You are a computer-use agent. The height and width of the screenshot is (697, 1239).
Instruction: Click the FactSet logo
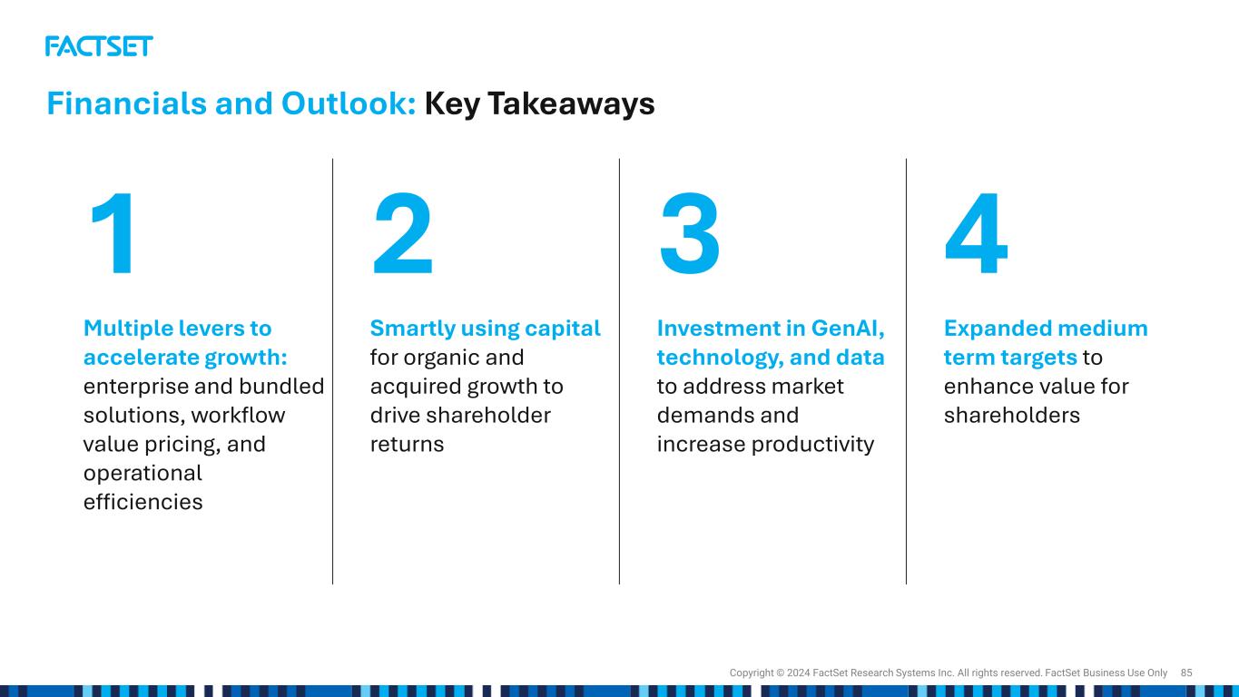[x=99, y=46]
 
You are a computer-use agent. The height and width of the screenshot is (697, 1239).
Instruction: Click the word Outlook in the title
[x=349, y=103]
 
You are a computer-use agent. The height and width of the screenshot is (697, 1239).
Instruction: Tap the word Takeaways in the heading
[x=571, y=104]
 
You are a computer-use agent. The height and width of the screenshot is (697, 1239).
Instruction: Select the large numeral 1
[x=113, y=233]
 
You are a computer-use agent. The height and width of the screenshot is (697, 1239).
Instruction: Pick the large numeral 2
[x=402, y=233]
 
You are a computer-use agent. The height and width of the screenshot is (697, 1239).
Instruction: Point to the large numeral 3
[x=690, y=233]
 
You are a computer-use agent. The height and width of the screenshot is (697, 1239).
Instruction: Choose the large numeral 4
[x=977, y=233]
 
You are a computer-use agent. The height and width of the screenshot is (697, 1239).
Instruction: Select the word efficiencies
[x=143, y=502]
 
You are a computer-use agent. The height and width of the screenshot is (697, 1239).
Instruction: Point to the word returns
[x=407, y=444]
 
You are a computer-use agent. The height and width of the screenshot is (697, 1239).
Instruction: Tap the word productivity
[x=812, y=445]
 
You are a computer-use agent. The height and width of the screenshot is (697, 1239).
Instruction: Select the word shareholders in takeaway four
[x=1012, y=415]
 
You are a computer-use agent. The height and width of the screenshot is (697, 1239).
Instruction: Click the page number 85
[x=1186, y=672]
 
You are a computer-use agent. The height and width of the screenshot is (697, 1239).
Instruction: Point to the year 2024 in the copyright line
[x=799, y=672]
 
